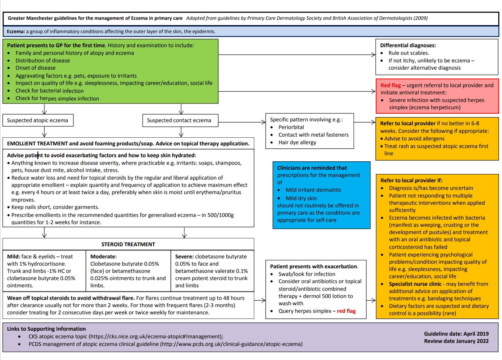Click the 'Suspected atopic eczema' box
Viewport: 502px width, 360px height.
38,120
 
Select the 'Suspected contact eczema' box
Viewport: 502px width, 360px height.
179,120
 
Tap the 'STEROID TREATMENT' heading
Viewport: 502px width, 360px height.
128,244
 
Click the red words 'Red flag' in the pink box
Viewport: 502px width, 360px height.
391,85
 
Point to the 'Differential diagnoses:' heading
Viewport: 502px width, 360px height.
408,45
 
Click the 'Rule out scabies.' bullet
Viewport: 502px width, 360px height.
408,53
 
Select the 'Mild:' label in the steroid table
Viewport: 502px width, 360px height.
14,256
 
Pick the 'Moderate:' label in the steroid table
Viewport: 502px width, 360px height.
103,256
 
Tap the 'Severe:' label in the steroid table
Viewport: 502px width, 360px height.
184,256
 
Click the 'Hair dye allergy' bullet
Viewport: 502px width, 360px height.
297,142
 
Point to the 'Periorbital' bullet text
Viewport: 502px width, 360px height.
291,127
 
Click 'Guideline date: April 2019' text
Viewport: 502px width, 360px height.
456,334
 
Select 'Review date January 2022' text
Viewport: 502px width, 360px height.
456,341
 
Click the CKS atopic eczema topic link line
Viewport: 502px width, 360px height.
126,336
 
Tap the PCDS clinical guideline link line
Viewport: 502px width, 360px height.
165,344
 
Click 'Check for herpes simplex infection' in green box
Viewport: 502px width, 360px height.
57,98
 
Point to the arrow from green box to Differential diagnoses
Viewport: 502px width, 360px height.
297,55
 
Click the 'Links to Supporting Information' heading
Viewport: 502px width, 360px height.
46,329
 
